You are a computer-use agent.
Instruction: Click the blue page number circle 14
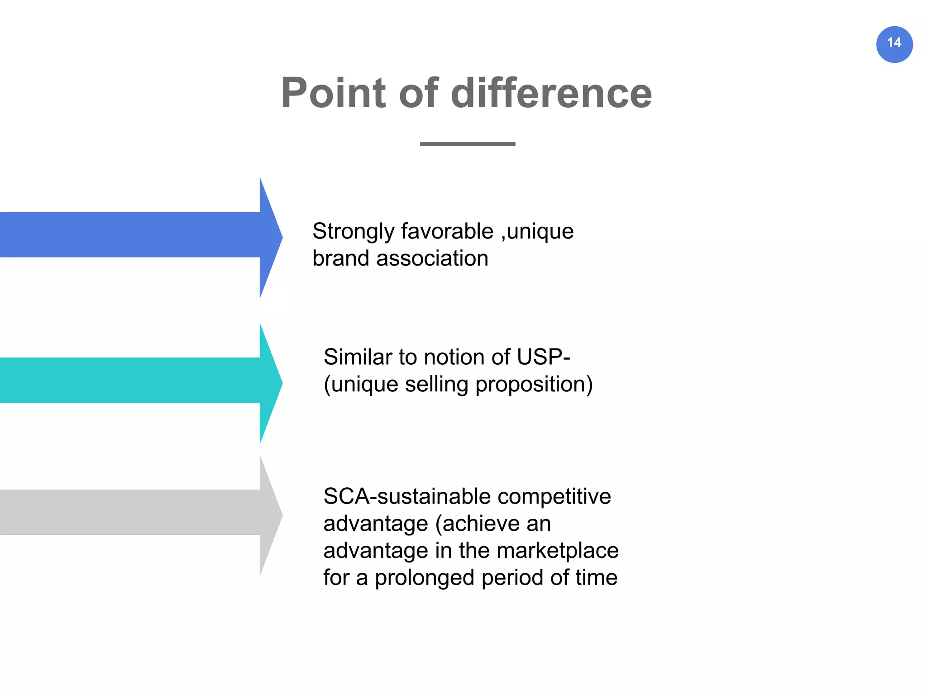coord(894,44)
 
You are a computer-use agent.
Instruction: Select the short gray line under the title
coord(468,144)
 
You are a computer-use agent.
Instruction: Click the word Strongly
coord(353,232)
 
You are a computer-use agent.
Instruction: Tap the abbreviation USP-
coord(543,357)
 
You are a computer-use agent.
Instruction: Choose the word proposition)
coord(534,385)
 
